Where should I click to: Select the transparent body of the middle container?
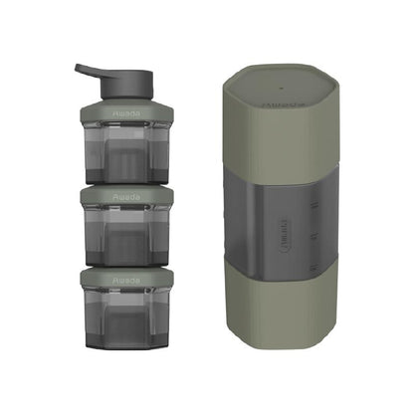tap(125, 235)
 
